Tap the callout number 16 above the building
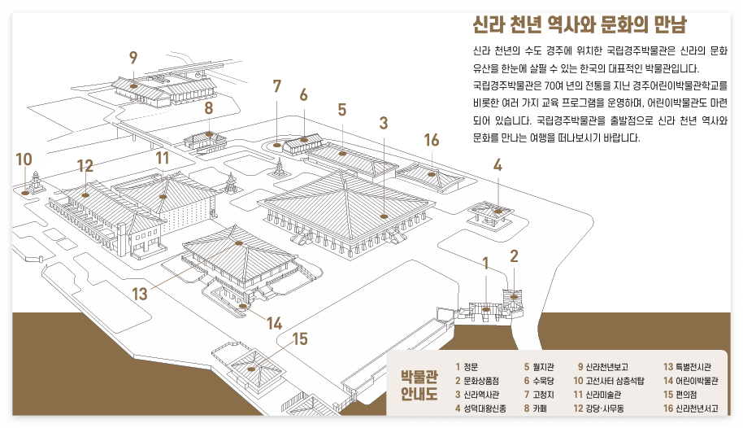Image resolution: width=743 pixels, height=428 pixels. (431, 140)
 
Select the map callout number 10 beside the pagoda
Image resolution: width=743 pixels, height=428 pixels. (24, 159)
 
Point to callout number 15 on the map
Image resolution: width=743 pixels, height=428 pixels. (300, 338)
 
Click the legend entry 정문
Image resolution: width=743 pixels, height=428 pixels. (471, 367)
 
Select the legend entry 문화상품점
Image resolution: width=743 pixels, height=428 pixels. (480, 380)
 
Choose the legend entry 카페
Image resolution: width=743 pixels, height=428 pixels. (540, 408)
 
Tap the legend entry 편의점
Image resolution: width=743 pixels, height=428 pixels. (684, 394)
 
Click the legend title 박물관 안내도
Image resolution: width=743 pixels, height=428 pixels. (419, 387)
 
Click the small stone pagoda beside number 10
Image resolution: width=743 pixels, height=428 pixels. (36, 183)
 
